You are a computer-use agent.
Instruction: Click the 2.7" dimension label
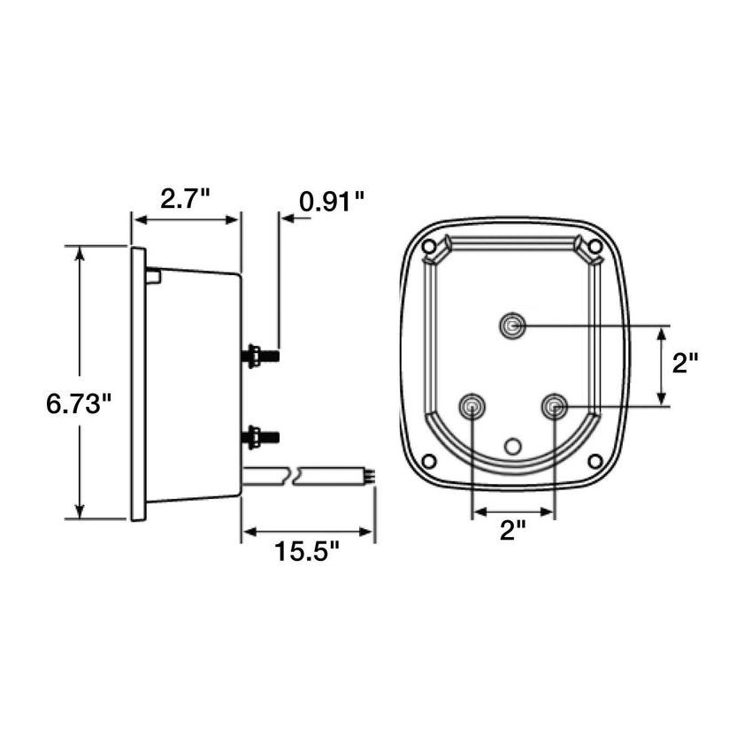pyautogui.click(x=185, y=199)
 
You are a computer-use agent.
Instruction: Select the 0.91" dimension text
pyautogui.click(x=332, y=202)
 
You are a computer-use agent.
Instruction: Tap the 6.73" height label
pyautogui.click(x=79, y=405)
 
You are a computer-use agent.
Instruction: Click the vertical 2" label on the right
pyautogui.click(x=685, y=363)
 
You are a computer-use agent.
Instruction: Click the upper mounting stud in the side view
pyautogui.click(x=260, y=356)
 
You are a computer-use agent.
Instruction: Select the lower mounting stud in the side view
pyautogui.click(x=260, y=436)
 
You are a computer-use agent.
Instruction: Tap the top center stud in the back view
pyautogui.click(x=512, y=327)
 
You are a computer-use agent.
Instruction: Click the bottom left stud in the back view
pyautogui.click(x=472, y=407)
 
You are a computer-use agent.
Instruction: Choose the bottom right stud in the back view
pyautogui.click(x=555, y=407)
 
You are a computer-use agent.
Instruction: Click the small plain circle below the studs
pyautogui.click(x=512, y=445)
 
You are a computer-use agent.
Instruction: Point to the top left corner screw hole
pyautogui.click(x=429, y=246)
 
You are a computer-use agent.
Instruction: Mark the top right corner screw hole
pyautogui.click(x=595, y=246)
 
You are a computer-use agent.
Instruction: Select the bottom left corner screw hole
pyautogui.click(x=429, y=460)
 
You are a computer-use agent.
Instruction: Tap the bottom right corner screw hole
pyautogui.click(x=595, y=460)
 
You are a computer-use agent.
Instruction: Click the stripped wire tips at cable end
pyautogui.click(x=370, y=476)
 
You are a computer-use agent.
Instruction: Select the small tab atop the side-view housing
pyautogui.click(x=153, y=276)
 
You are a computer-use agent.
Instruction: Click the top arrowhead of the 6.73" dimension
pyautogui.click(x=81, y=254)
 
